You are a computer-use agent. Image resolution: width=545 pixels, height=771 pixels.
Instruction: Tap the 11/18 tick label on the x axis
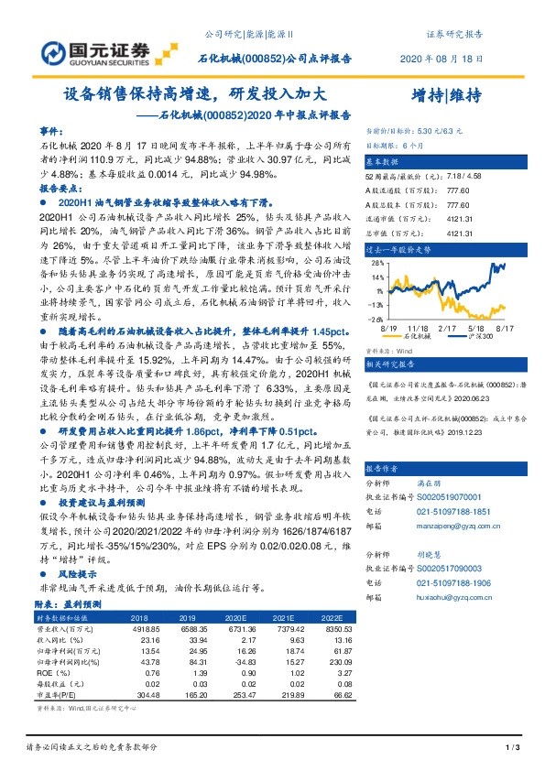click(x=420, y=327)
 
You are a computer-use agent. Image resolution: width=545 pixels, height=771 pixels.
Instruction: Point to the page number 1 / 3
click(x=513, y=749)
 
